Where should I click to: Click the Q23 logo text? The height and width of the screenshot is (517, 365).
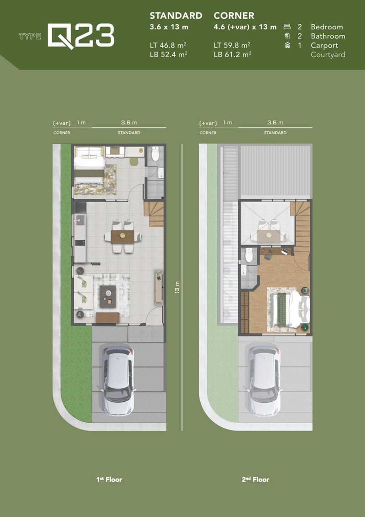point(81,36)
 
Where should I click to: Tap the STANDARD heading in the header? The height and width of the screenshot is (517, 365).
point(176,16)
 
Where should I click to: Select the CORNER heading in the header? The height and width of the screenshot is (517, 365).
point(234,16)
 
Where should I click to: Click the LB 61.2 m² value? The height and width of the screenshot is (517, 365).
point(232,55)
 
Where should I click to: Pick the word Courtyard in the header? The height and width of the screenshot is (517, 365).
point(328,55)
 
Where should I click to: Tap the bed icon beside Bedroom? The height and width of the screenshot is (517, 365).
point(287,27)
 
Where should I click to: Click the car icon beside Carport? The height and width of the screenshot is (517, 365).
point(287,46)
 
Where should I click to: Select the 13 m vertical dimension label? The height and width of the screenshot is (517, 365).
point(177,287)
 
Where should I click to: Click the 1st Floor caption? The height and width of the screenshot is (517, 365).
point(109,480)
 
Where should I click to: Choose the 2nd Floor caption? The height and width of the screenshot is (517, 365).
point(255,480)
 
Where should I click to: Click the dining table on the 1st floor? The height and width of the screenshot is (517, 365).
point(122,236)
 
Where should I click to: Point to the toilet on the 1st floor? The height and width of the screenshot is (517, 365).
point(155,153)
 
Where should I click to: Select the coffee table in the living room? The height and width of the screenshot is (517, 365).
point(108,296)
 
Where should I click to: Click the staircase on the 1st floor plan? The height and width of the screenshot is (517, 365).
point(154,213)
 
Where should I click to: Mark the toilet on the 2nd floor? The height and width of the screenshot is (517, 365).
point(249,255)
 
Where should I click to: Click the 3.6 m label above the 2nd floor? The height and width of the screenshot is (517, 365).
point(275,123)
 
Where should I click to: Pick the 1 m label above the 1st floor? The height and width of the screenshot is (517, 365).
point(81,123)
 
